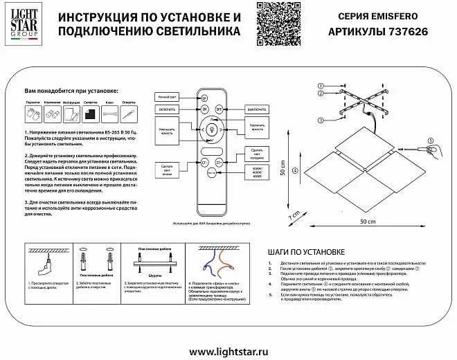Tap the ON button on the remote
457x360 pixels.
(x=204, y=109)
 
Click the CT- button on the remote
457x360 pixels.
(x=204, y=163)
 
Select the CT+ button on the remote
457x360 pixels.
(x=220, y=163)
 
